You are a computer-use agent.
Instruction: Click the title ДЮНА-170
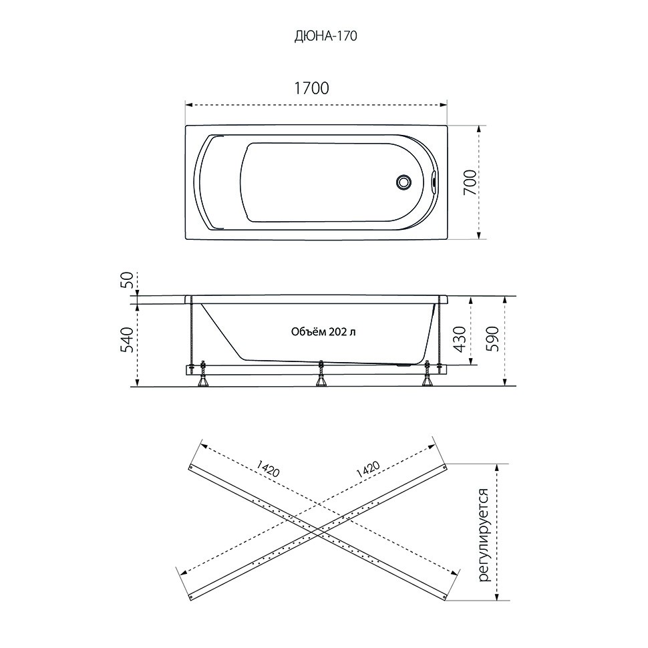325,36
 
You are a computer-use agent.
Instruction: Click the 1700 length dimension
311,88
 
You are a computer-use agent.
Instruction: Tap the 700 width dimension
470,182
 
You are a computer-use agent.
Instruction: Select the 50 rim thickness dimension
128,280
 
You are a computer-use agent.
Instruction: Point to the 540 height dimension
128,340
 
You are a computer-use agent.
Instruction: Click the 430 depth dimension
460,339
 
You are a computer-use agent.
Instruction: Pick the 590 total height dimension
492,339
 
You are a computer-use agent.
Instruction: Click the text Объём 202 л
323,331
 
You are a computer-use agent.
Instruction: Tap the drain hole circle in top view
403,182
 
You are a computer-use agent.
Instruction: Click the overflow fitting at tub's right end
432,182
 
